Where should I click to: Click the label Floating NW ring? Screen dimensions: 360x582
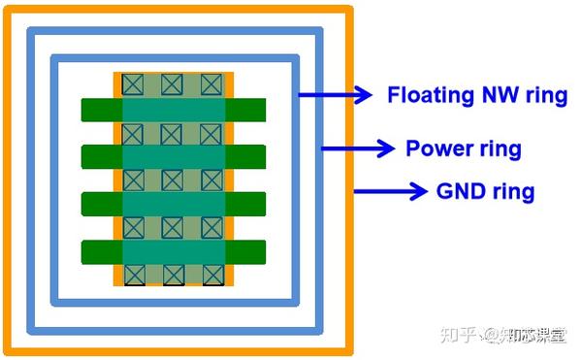click(x=476, y=95)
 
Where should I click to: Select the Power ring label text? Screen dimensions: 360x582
click(x=463, y=148)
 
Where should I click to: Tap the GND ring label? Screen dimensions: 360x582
click(x=485, y=191)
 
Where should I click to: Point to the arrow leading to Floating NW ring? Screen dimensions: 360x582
click(x=335, y=94)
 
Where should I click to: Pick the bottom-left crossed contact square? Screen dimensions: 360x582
click(x=133, y=275)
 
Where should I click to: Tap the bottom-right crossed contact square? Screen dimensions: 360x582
click(x=211, y=275)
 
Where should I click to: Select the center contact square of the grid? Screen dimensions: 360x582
click(x=173, y=180)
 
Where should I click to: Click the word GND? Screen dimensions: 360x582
click(x=459, y=191)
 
